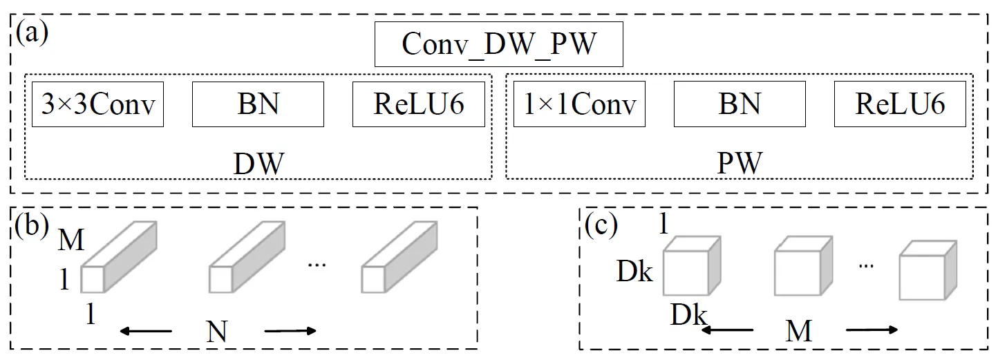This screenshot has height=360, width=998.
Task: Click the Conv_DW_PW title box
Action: [x=498, y=46]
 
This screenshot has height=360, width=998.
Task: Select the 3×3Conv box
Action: [x=97, y=104]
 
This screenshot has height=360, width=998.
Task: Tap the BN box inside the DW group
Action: [x=258, y=104]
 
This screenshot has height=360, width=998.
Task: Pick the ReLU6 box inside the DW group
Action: [x=418, y=104]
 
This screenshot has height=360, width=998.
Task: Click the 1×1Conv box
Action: [x=578, y=104]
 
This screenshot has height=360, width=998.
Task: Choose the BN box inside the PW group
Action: [x=739, y=104]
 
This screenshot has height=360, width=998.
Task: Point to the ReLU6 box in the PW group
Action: [x=900, y=104]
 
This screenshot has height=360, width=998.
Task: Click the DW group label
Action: [x=258, y=164]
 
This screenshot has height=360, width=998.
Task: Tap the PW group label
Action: [x=740, y=164]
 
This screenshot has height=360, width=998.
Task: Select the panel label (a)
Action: [x=32, y=32]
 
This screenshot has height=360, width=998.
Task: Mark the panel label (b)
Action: [x=32, y=227]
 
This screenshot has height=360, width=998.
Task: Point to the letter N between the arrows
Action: [x=217, y=332]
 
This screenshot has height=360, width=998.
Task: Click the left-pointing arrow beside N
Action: [x=146, y=332]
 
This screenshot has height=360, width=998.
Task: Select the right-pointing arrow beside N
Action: [x=290, y=332]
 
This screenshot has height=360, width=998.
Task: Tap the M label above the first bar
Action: [x=72, y=240]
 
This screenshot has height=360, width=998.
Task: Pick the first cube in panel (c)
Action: [x=691, y=267]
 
